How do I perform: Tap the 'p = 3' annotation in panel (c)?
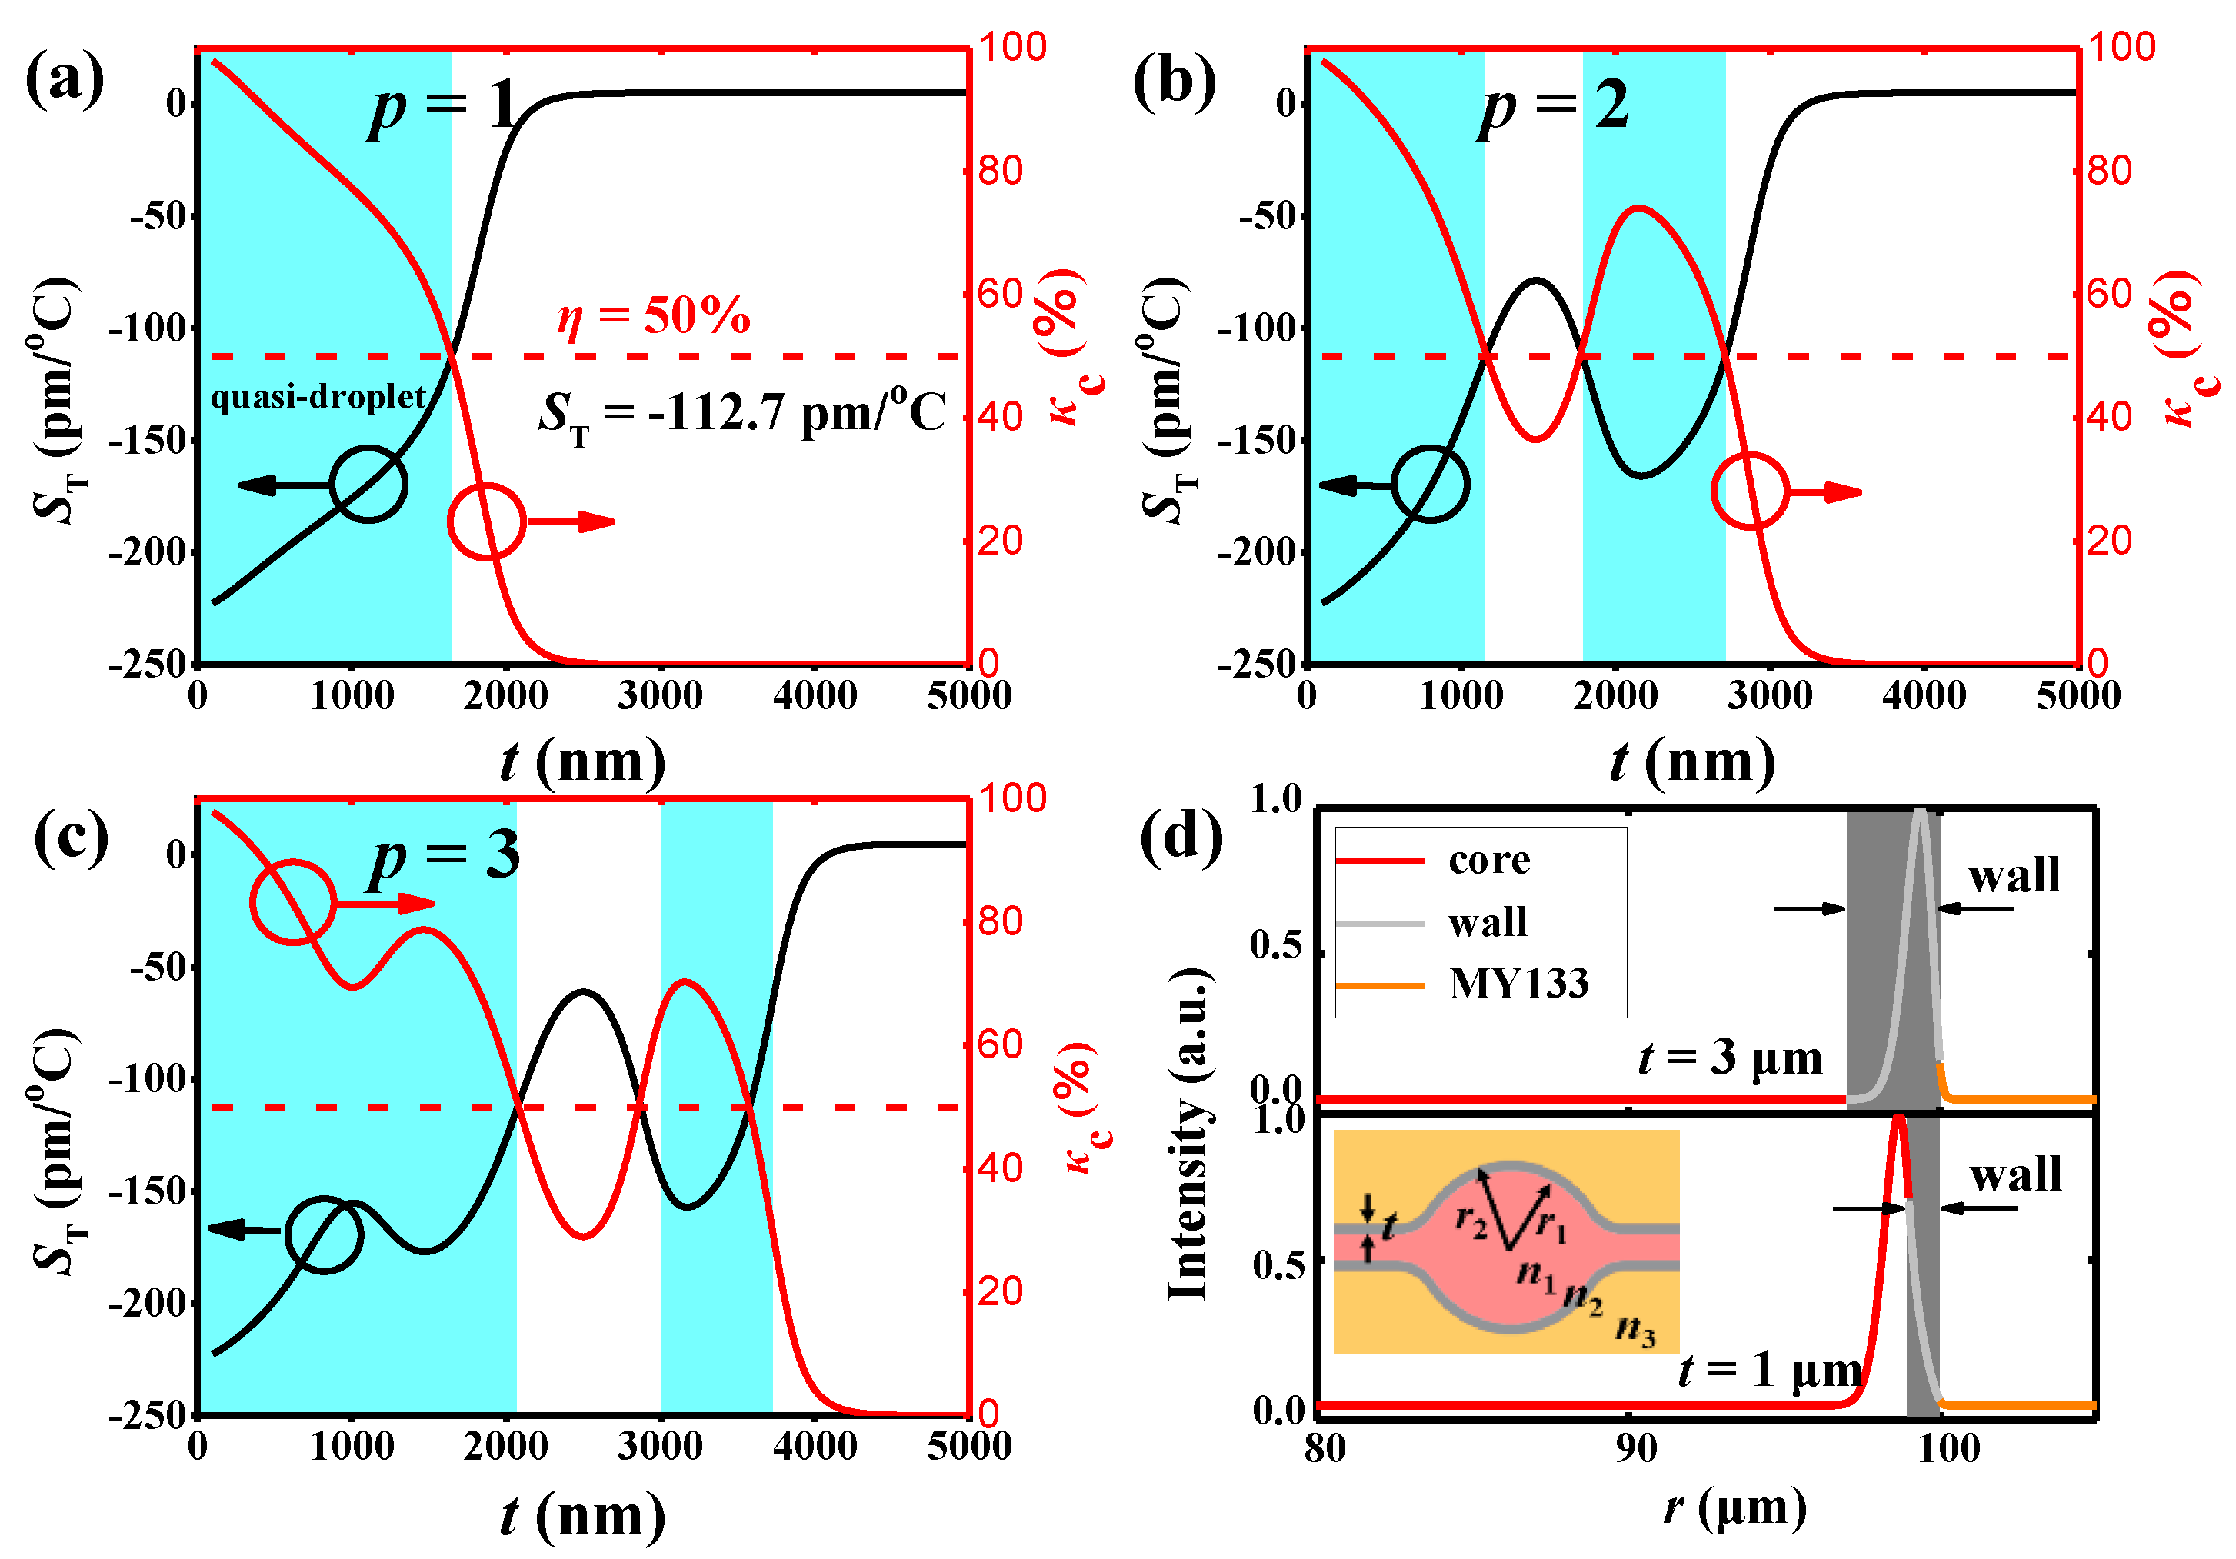(444, 858)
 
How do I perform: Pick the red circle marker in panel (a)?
(486, 522)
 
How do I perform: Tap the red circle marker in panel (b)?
(1749, 491)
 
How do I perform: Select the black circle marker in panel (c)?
(325, 1234)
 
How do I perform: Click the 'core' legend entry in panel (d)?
(1488, 860)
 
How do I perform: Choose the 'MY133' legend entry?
(1518, 984)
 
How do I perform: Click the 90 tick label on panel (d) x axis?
(1636, 1449)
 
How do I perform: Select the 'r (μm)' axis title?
(1734, 1508)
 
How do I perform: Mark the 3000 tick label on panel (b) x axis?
(1770, 696)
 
